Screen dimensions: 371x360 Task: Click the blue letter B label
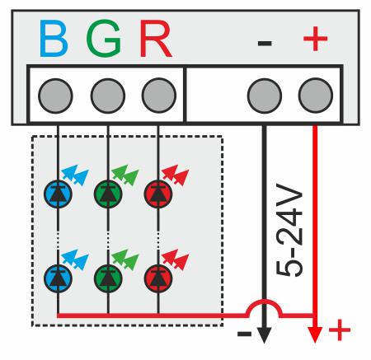pyautogui.click(x=54, y=39)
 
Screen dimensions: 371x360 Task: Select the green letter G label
pyautogui.click(x=104, y=39)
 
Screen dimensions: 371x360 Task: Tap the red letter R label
pyautogui.click(x=155, y=39)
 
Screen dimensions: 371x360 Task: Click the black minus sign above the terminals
pyautogui.click(x=265, y=43)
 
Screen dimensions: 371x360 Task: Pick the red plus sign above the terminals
pyautogui.click(x=315, y=39)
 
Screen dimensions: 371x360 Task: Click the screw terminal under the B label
pyautogui.click(x=55, y=96)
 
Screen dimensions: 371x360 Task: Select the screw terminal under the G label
pyautogui.click(x=108, y=96)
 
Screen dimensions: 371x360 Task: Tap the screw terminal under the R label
pyautogui.click(x=159, y=96)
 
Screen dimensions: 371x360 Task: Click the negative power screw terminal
pyautogui.click(x=265, y=96)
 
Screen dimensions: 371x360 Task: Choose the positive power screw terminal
pyautogui.click(x=316, y=96)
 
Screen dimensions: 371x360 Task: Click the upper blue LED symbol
pyautogui.click(x=58, y=194)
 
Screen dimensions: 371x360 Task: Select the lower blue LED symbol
pyautogui.click(x=58, y=278)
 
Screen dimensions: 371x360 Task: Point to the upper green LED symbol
pyautogui.click(x=108, y=194)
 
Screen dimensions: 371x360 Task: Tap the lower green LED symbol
pyautogui.click(x=108, y=278)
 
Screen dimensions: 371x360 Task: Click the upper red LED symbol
pyautogui.click(x=158, y=194)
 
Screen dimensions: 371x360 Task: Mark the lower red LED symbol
pyautogui.click(x=158, y=278)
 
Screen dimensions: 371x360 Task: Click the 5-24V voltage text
pyautogui.click(x=289, y=230)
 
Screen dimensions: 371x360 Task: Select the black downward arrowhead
pyautogui.click(x=264, y=335)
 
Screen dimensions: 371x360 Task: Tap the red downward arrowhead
pyautogui.click(x=315, y=334)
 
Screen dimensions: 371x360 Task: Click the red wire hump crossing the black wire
pyautogui.click(x=264, y=301)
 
